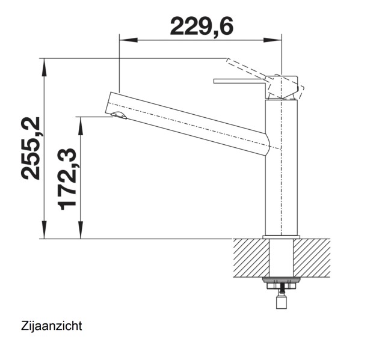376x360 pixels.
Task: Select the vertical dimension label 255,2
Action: click(31, 148)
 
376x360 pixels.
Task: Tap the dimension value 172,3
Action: click(68, 179)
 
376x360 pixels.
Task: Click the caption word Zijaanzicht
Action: click(51, 326)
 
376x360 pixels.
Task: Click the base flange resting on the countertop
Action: click(282, 236)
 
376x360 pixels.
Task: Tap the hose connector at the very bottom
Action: click(281, 302)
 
